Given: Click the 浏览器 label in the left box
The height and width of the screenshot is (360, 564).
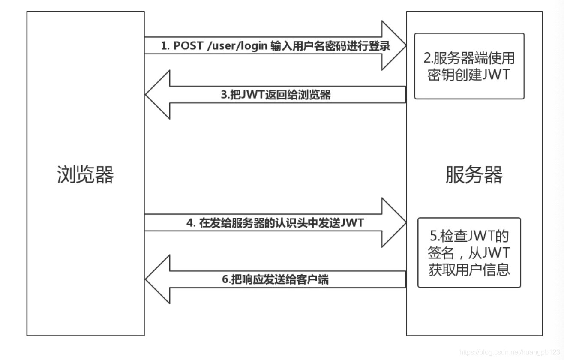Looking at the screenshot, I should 85,174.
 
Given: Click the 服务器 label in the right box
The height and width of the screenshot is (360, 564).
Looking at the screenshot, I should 474,174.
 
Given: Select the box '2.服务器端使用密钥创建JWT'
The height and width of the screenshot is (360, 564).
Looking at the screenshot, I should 469,66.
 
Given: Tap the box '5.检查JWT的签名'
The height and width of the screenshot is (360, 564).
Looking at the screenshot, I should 469,252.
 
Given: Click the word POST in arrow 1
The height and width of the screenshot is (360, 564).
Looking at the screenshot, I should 188,46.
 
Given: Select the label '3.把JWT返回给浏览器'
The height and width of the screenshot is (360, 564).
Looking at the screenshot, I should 276,95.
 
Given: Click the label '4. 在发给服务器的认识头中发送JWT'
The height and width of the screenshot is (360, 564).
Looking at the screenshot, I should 275,223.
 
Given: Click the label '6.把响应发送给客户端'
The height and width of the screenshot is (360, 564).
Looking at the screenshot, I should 276,280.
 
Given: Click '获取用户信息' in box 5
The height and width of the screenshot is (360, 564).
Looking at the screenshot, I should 469,270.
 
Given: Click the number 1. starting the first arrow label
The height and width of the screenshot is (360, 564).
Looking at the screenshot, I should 165,46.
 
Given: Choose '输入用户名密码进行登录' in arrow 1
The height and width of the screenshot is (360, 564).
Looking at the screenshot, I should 330,46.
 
